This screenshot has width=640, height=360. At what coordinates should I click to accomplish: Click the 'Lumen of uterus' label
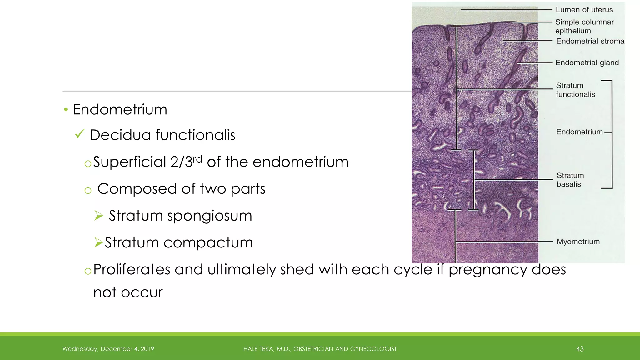point(584,10)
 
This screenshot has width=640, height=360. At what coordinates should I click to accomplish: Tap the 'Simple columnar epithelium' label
point(584,26)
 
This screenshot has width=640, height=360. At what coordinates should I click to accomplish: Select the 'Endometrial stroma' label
point(590,41)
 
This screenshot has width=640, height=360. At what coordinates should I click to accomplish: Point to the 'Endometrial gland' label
point(587,63)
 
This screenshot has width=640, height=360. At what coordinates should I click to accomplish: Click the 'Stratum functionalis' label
point(575,90)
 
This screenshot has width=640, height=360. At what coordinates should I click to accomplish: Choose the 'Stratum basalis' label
point(570,180)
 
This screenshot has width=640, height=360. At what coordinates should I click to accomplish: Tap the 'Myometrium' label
point(578,242)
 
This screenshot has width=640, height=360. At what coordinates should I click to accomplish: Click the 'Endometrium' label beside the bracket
point(579,132)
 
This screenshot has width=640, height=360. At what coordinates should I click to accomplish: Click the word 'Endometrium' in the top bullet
point(120,110)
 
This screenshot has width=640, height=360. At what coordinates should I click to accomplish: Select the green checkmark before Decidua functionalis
point(80,134)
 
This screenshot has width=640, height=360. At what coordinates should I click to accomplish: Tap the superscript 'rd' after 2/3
point(197,159)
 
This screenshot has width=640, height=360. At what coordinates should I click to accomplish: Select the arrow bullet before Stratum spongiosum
point(99,216)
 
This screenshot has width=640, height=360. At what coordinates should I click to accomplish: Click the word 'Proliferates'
point(132,269)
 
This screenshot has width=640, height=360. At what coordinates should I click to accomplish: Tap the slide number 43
point(580,349)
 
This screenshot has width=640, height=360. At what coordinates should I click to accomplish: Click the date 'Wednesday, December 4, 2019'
point(108,349)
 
